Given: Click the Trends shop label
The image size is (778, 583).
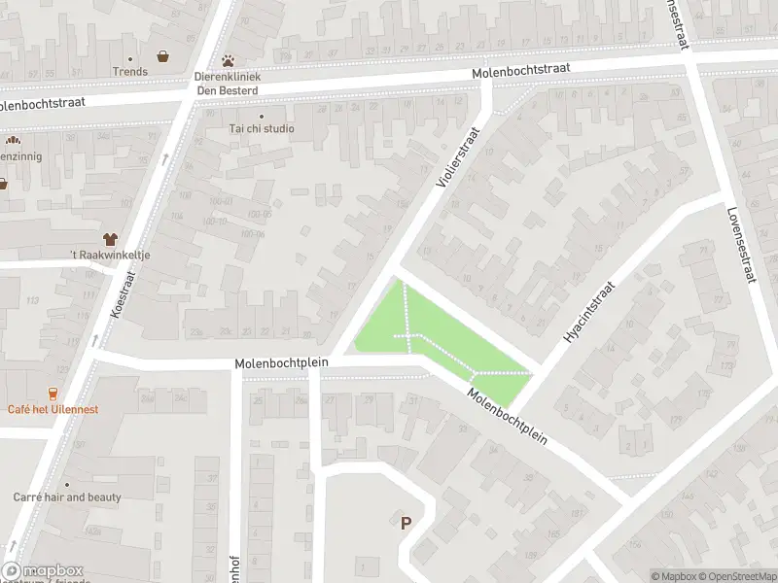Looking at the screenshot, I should click(x=130, y=71).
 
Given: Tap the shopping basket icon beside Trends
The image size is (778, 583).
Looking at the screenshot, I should click(x=162, y=56).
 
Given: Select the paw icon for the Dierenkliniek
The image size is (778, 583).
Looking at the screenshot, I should click(x=229, y=60).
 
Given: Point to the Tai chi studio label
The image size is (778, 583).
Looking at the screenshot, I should click(x=262, y=128).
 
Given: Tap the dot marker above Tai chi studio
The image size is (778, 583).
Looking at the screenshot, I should click(x=261, y=116).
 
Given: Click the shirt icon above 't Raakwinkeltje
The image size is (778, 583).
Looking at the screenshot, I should click(x=110, y=238).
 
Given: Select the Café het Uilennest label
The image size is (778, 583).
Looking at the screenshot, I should click(x=53, y=409).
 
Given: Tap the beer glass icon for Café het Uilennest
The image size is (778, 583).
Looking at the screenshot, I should click(x=53, y=394).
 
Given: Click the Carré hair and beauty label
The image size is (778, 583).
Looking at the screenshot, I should click(x=67, y=497).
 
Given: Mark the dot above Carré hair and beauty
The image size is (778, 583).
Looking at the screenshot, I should click(x=67, y=484).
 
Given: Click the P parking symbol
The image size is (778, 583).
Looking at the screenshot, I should click(x=406, y=523).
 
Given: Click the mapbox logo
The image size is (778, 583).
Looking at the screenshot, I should click(x=42, y=571).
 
